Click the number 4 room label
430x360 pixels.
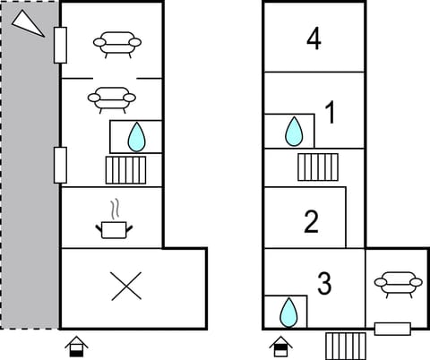tap(313, 39)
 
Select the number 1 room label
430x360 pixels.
tap(330, 114)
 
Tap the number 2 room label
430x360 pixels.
tap(312, 221)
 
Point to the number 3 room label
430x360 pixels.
tap(324, 284)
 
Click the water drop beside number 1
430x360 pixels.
tap(293, 132)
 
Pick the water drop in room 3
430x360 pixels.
tap(288, 312)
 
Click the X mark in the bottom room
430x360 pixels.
tap(126, 287)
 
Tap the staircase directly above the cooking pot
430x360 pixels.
tap(125, 168)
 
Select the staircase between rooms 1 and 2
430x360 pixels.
tap(317, 166)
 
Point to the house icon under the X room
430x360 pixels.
tap(78, 345)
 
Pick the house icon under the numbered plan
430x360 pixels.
tap(280, 345)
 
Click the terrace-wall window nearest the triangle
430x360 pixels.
tap(60, 44)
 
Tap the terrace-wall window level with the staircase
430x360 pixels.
tap(60, 164)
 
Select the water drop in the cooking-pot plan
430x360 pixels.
tap(135, 136)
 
